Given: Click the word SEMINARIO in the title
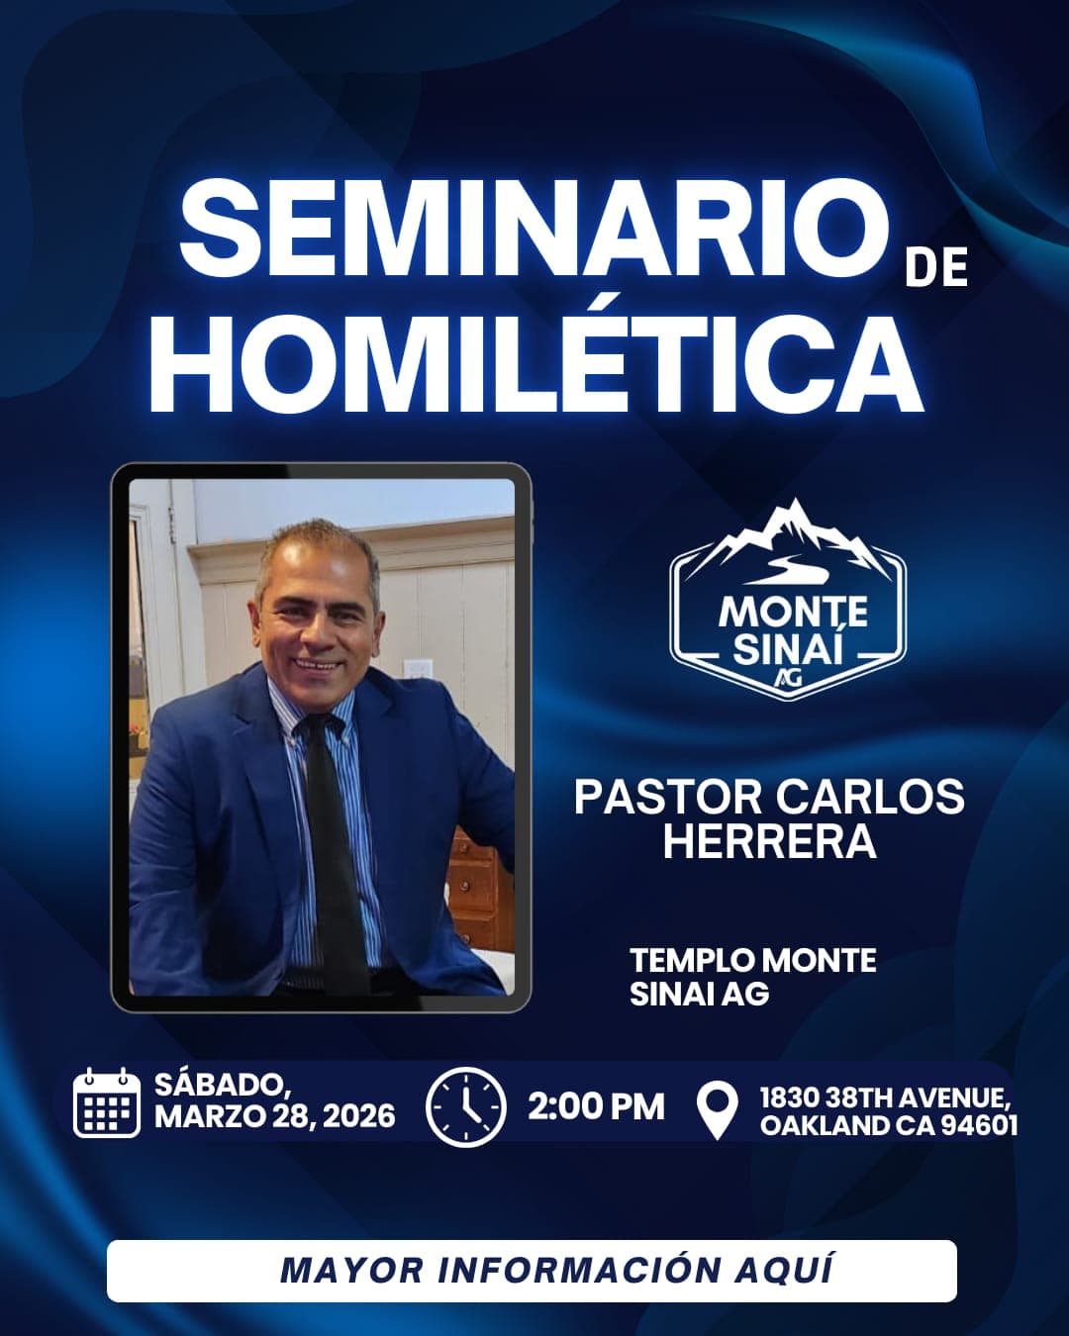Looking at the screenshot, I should point(533,230).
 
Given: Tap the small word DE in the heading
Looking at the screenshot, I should point(935,268).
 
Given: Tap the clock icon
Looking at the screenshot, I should point(465,1106).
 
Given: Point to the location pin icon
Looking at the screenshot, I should point(717,1108).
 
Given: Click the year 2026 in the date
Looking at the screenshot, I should point(358,1116).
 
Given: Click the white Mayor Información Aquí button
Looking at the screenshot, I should point(532,1270).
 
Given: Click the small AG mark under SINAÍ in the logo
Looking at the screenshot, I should point(788,677).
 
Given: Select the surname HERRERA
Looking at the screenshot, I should point(769,841).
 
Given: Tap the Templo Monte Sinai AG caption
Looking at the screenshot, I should point(752,975).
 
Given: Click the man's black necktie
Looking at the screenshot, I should point(334,841).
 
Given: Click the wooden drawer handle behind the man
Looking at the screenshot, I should point(461,871).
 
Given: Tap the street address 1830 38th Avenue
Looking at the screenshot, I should point(885,1097).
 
